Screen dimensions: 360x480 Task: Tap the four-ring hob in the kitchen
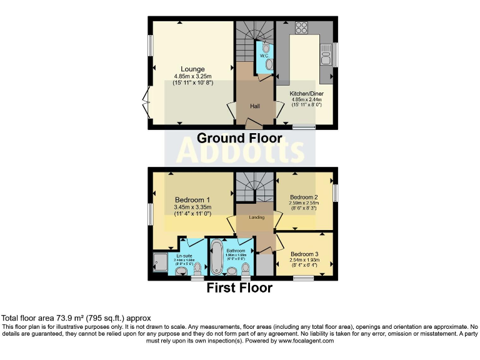(301, 28)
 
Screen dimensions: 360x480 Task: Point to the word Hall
(255, 106)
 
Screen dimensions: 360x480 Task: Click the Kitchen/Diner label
(306, 93)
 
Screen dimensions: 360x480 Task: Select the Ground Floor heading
(239, 138)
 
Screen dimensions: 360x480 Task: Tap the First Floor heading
(239, 288)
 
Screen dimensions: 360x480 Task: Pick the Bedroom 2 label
(304, 196)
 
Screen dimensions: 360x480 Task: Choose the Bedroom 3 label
(304, 254)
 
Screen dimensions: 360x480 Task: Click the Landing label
(256, 217)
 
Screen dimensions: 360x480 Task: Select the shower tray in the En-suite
(160, 262)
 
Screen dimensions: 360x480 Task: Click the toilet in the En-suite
(198, 269)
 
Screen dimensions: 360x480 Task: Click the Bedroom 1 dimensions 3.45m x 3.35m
(192, 208)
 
